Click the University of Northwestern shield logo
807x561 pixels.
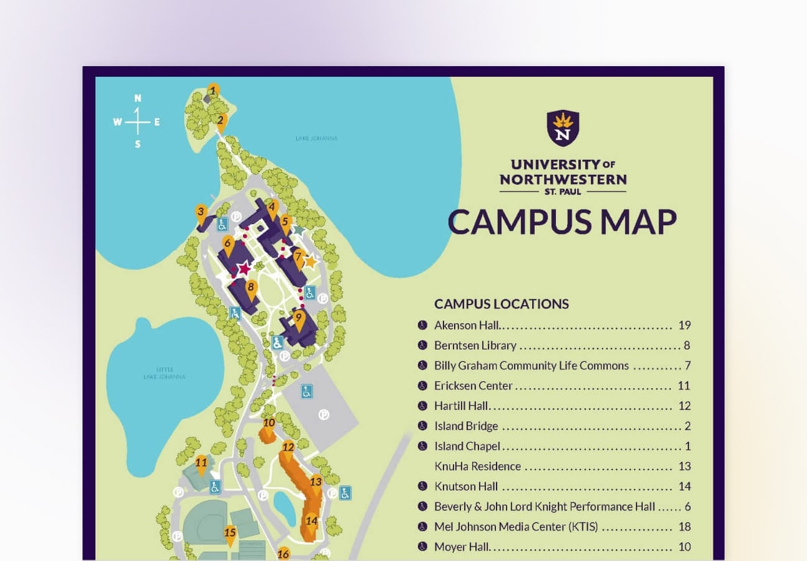point(563,127)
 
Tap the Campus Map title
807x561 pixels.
point(562,222)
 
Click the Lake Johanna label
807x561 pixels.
point(316,139)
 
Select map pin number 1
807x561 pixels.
point(213,91)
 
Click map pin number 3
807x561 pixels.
point(201,213)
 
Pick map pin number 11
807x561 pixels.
point(201,464)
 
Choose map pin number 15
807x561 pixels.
point(230,534)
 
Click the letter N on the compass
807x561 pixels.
point(137,98)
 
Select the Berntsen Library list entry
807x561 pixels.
point(475,346)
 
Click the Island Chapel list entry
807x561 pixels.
point(467,447)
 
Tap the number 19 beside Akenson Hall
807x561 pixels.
point(684,325)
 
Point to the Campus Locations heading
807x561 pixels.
point(502,304)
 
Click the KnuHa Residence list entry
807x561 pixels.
point(477,467)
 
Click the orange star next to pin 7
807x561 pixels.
point(310,261)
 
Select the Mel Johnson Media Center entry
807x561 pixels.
point(516,527)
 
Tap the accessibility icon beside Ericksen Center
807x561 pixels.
point(422,386)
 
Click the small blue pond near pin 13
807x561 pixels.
point(285,509)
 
